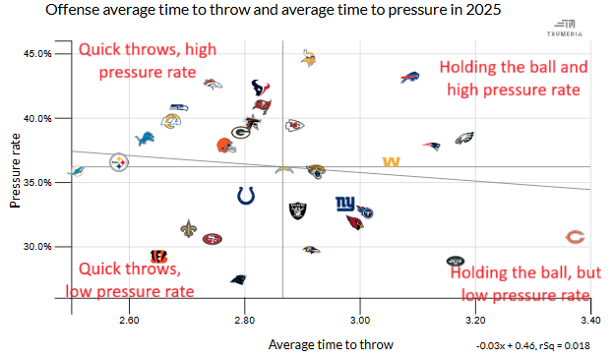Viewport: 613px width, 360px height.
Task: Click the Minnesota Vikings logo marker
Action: tap(308, 58)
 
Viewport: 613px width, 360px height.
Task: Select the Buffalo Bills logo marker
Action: tap(409, 77)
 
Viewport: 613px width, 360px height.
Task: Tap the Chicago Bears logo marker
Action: tap(575, 237)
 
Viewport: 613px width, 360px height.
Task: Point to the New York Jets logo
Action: tap(456, 261)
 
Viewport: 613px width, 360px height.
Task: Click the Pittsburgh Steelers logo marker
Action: tap(119, 162)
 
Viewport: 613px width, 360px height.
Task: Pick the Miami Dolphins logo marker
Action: tap(76, 171)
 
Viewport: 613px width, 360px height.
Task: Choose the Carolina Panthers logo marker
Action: tap(238, 279)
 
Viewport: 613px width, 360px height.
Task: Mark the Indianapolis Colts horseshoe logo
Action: tap(246, 196)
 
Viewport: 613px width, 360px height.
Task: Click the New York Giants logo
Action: tap(345, 204)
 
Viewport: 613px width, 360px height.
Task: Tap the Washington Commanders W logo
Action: tap(391, 161)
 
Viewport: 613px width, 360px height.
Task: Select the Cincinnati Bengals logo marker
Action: tap(159, 257)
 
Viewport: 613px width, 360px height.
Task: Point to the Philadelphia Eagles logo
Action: tap(464, 138)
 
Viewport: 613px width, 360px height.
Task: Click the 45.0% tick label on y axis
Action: tap(37, 54)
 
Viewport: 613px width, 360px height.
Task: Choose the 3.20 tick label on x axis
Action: tap(475, 320)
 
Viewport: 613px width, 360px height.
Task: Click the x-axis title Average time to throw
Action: tap(331, 345)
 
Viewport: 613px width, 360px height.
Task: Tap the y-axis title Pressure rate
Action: tap(15, 170)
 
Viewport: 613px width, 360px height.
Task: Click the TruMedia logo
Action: tap(565, 29)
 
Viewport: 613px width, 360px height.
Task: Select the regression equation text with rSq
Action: tap(533, 346)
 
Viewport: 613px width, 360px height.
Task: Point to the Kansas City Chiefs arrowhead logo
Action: tap(294, 126)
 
